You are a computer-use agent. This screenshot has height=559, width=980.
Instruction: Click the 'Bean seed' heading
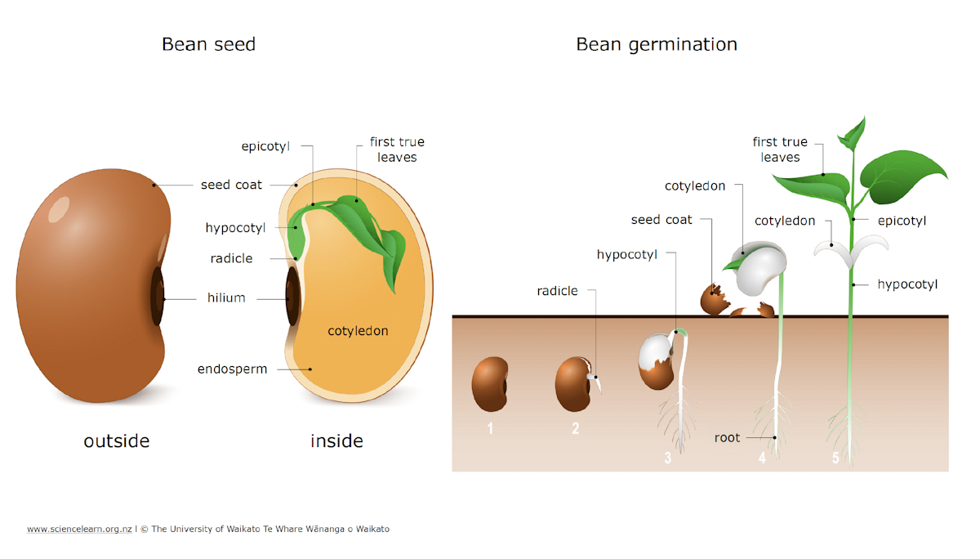click(208, 44)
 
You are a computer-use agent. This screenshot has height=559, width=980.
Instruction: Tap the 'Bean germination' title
click(656, 44)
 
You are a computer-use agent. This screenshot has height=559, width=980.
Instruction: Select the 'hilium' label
click(226, 298)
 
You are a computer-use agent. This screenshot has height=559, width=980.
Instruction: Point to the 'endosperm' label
click(232, 369)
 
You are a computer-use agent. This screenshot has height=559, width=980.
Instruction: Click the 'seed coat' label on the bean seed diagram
click(231, 185)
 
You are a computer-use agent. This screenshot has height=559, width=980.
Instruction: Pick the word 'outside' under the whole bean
click(117, 441)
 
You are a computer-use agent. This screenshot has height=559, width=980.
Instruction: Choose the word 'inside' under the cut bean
click(336, 441)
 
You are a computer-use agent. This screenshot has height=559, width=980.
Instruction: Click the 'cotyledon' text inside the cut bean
click(358, 331)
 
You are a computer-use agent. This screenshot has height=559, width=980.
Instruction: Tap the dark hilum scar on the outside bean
click(157, 294)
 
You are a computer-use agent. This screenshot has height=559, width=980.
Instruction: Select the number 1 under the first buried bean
click(490, 427)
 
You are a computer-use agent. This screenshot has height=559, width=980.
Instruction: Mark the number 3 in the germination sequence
click(667, 458)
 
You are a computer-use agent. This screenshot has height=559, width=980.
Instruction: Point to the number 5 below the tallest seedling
click(835, 458)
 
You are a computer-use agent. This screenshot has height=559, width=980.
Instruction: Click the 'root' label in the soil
click(727, 438)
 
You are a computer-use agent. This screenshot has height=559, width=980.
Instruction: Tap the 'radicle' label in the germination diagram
click(557, 291)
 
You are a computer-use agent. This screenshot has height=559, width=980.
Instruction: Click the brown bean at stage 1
click(490, 384)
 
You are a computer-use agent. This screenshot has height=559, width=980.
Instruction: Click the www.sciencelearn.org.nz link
click(79, 530)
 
